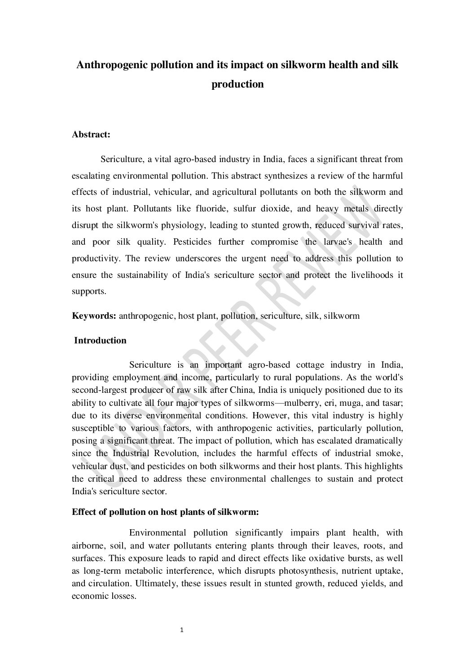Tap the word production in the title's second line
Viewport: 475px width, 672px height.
[x=237, y=84]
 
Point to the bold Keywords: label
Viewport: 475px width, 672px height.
[x=94, y=316]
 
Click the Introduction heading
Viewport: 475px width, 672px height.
[x=100, y=340]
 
